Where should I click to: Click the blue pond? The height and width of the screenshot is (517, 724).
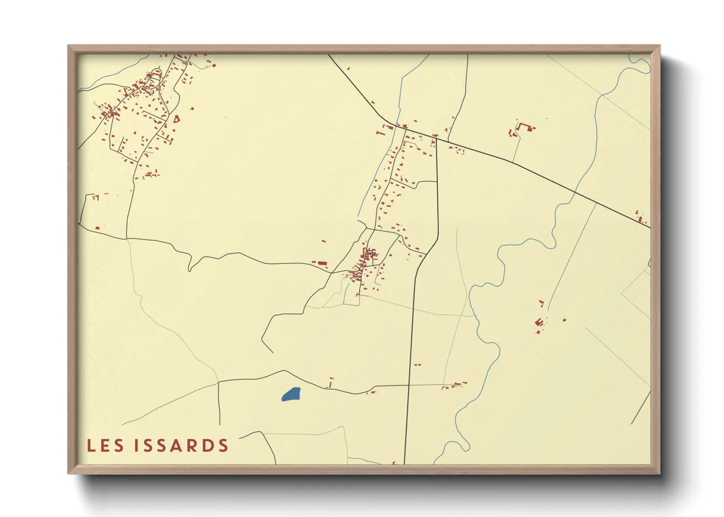pos(291,394)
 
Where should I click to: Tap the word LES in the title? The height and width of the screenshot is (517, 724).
pos(105,446)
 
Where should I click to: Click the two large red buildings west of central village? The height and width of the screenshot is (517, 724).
pos(320,263)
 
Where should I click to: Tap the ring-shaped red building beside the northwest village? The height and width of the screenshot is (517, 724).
pos(177,118)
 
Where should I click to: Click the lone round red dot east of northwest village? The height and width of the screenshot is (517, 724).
pos(192,108)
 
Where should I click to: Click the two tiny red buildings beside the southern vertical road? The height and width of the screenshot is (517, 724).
pos(417,365)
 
